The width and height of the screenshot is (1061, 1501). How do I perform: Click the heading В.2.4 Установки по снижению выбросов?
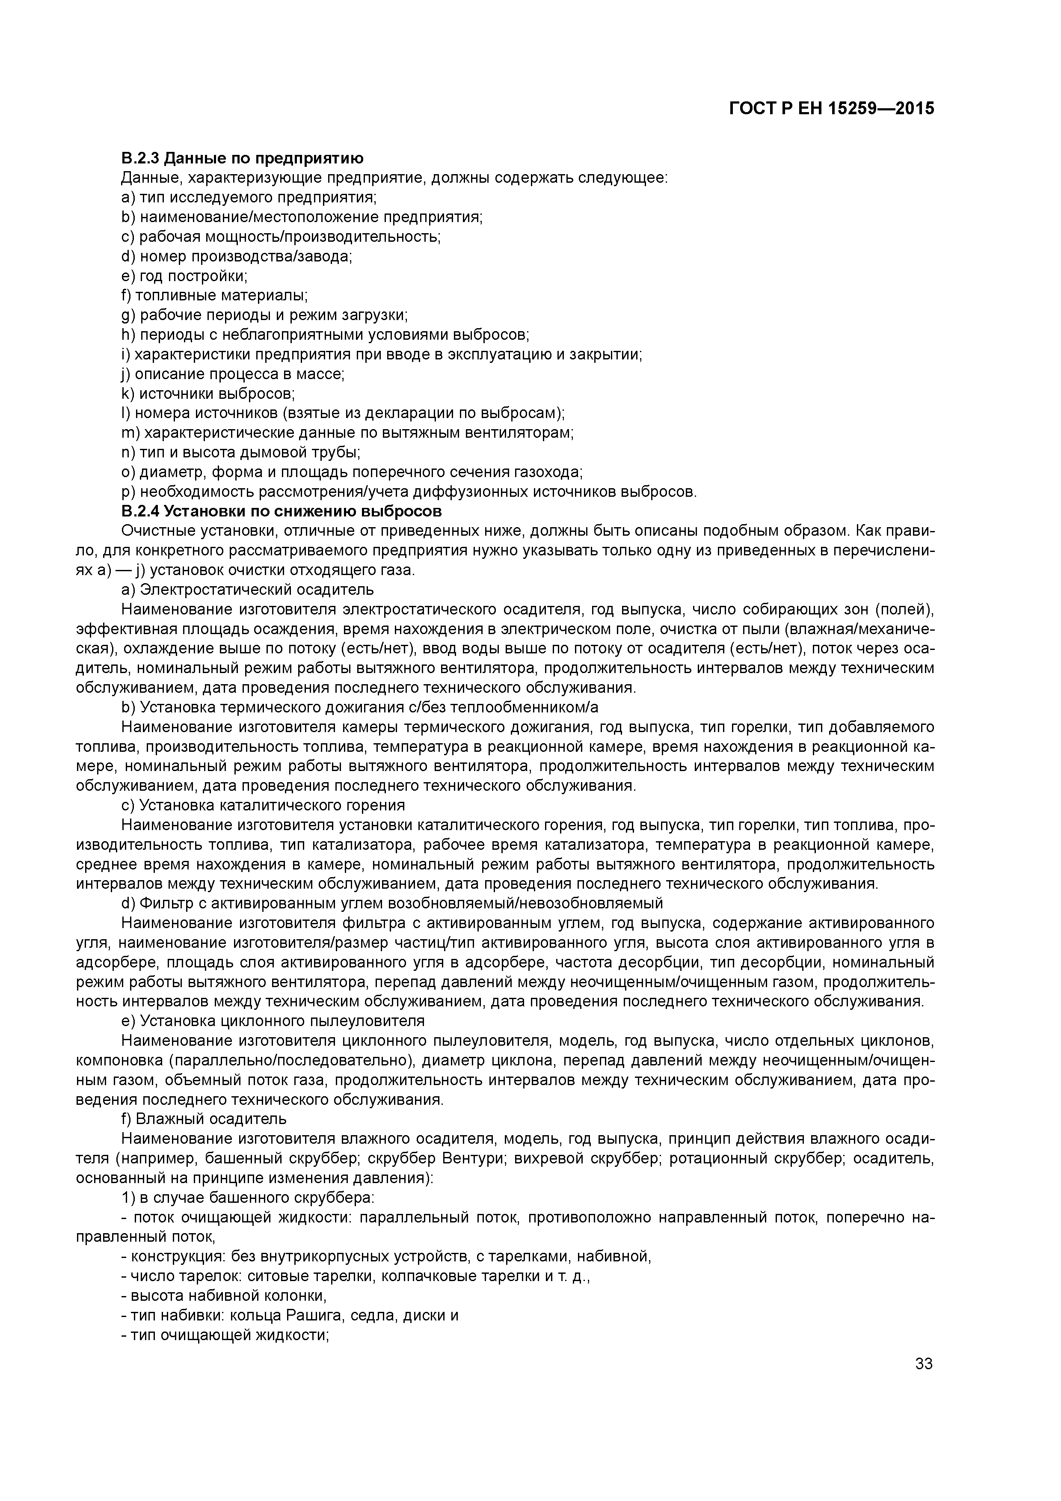282,510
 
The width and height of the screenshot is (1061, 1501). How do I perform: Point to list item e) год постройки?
184,276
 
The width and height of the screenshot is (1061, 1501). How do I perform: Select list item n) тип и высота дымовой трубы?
240,452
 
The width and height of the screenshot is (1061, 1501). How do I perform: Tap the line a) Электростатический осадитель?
248,590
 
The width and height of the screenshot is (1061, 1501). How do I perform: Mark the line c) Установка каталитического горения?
263,805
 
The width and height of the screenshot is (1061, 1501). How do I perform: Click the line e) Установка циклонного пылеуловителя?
273,1020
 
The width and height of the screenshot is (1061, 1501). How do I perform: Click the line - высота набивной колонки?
224,1295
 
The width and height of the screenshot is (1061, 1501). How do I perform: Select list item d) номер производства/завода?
237,256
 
